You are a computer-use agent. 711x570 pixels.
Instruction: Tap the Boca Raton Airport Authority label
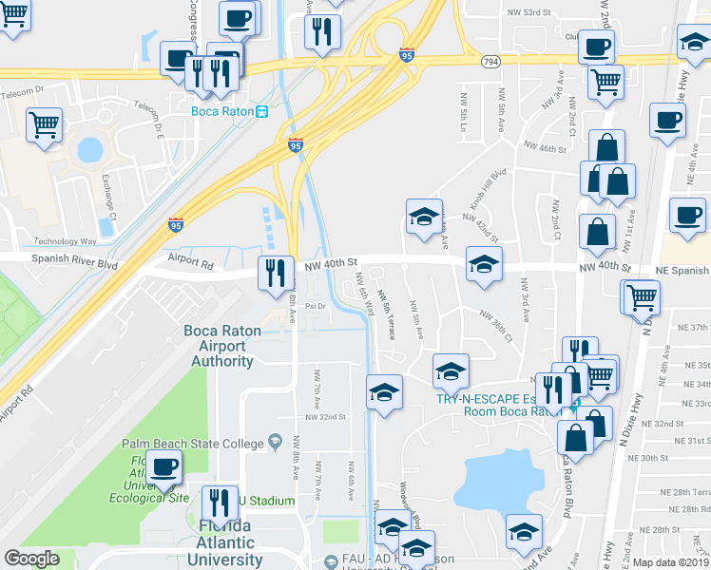point(222,346)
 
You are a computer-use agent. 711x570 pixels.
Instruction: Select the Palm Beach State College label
point(193,443)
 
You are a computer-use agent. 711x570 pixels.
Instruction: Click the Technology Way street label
point(66,241)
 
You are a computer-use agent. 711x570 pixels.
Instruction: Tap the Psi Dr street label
point(316,306)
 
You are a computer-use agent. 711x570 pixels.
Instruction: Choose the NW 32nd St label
point(325,417)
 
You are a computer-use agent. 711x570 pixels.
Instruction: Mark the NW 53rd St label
point(529,11)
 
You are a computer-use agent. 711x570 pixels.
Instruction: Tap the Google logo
point(31,559)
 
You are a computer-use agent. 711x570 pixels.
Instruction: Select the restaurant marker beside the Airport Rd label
point(273,273)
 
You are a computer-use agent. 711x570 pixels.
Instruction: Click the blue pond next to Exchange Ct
point(89,150)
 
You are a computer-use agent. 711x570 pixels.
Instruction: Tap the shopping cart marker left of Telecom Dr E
point(45,123)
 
